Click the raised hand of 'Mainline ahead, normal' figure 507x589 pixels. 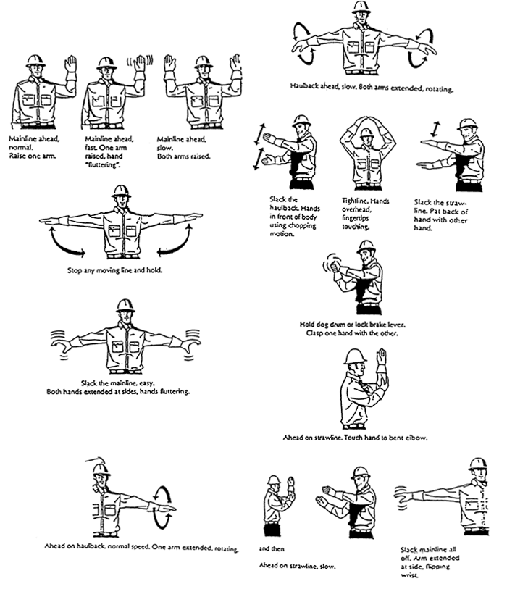click(70, 64)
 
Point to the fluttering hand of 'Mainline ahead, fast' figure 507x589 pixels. click(138, 63)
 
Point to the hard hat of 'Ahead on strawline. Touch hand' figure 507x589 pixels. click(355, 356)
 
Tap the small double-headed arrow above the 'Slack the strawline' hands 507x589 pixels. click(435, 128)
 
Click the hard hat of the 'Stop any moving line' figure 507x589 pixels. click(121, 192)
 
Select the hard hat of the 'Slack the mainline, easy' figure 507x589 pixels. click(125, 305)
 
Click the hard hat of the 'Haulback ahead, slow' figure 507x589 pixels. click(361, 7)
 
